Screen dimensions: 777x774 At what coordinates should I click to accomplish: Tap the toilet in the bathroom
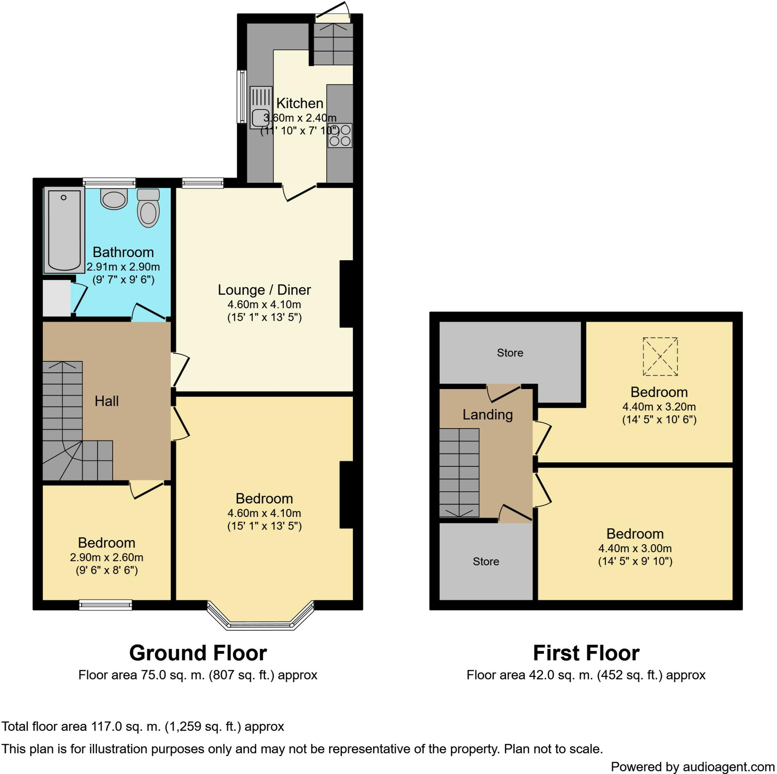pyautogui.click(x=148, y=208)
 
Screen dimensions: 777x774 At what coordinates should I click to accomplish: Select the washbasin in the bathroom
pyautogui.click(x=114, y=199)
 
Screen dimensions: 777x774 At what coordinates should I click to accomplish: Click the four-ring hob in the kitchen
pyautogui.click(x=340, y=135)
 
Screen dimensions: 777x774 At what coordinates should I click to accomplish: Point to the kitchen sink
pyautogui.click(x=261, y=108)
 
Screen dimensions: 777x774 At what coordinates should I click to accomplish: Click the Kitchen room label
pyautogui.click(x=300, y=103)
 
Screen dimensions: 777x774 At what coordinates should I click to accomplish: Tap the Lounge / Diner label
pyautogui.click(x=264, y=289)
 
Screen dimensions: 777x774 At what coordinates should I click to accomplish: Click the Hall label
pyautogui.click(x=107, y=401)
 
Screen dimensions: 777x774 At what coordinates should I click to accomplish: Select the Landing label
pyautogui.click(x=488, y=414)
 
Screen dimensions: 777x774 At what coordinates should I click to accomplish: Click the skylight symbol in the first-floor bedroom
pyautogui.click(x=661, y=356)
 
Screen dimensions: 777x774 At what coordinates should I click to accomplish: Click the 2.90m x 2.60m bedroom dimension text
pyautogui.click(x=107, y=557)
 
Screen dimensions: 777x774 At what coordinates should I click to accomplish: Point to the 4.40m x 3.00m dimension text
pyautogui.click(x=635, y=548)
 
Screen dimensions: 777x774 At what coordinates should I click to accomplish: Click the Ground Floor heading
pyautogui.click(x=198, y=653)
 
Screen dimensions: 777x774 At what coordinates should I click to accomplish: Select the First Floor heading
pyautogui.click(x=586, y=653)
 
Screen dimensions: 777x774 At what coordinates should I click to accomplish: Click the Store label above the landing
pyautogui.click(x=510, y=353)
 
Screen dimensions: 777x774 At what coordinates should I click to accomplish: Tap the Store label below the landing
pyautogui.click(x=486, y=561)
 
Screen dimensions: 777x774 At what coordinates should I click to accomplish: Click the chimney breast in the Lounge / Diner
pyautogui.click(x=346, y=294)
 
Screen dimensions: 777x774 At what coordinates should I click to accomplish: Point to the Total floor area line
pyautogui.click(x=143, y=726)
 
